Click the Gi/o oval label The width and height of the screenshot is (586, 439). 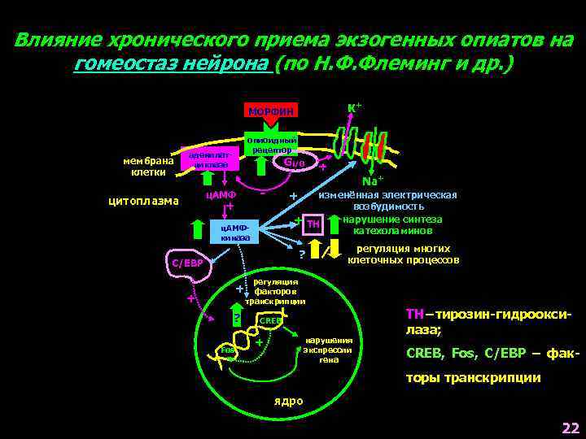293,162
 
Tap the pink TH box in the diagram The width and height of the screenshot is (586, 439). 313,224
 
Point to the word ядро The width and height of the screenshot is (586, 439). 288,401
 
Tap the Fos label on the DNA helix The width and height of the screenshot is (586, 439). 229,350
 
